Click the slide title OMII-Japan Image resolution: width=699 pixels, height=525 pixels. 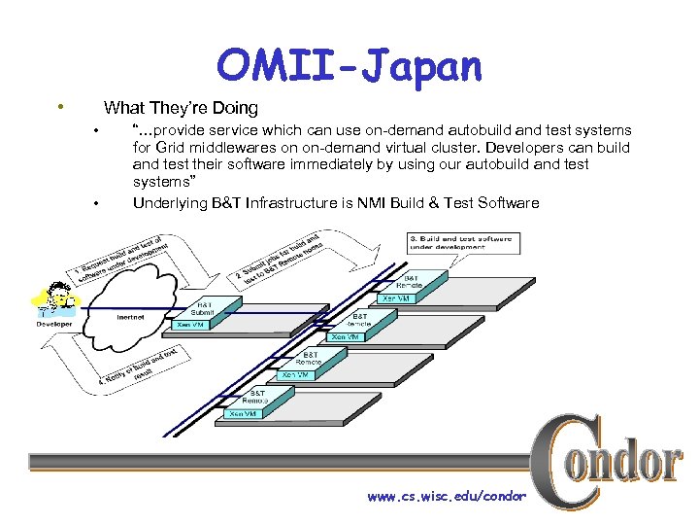pyautogui.click(x=349, y=65)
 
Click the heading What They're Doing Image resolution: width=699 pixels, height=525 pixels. pyautogui.click(x=181, y=108)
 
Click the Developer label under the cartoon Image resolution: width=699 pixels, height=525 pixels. pyautogui.click(x=54, y=324)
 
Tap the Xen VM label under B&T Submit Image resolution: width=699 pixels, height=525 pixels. pyautogui.click(x=190, y=325)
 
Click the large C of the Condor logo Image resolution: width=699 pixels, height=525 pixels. pyautogui.click(x=563, y=462)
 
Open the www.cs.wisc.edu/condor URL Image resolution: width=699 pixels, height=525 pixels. pyautogui.click(x=447, y=497)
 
